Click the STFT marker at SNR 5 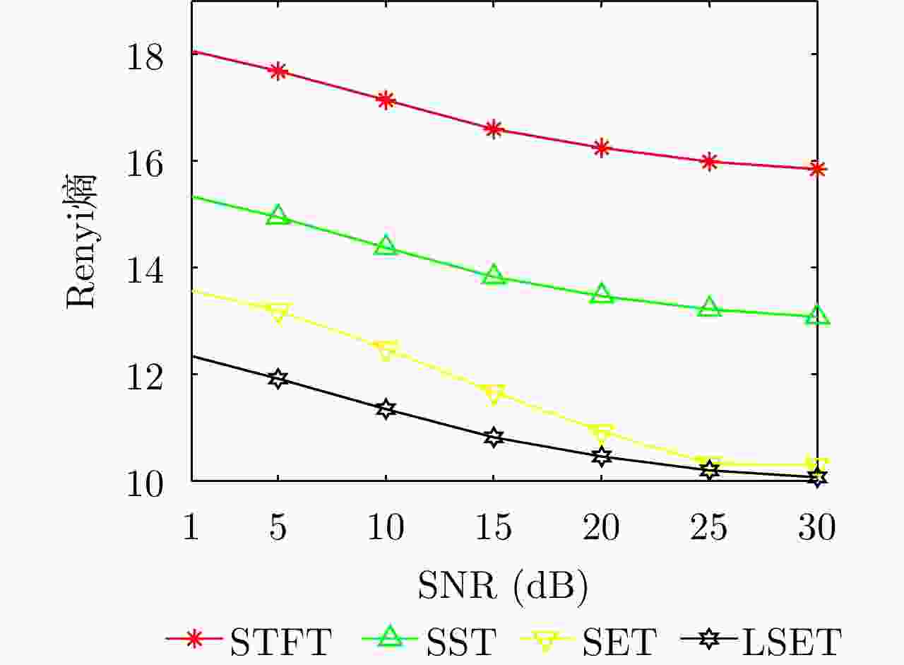(x=278, y=71)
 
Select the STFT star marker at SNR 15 (x=494, y=129)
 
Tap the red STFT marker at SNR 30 (x=818, y=168)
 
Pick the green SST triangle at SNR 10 (x=386, y=246)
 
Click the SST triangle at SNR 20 (x=602, y=294)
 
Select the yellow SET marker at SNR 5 (x=278, y=312)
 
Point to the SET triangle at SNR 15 (x=494, y=394)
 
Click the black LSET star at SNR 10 (x=386, y=408)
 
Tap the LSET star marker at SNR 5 (x=278, y=378)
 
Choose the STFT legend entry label (x=280, y=642)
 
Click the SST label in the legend (x=462, y=642)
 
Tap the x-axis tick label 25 (x=709, y=527)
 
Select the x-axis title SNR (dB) (x=503, y=584)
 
